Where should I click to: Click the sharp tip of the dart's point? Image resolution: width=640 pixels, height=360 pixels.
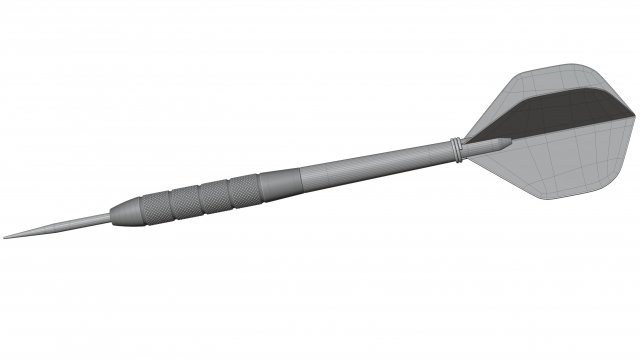[x=4, y=236]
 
